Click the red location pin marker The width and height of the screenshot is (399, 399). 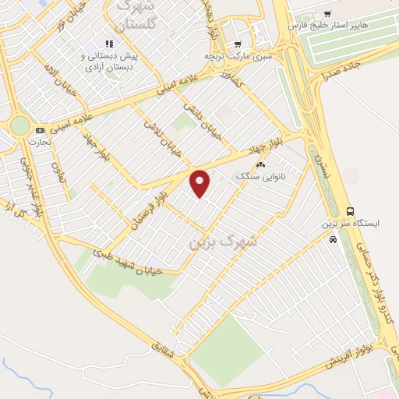point(201,182)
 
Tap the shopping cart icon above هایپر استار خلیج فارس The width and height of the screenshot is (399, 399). point(327,13)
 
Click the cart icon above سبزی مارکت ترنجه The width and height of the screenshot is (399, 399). point(238,44)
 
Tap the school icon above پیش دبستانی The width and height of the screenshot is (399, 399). point(108,44)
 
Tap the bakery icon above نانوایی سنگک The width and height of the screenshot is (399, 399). point(261,164)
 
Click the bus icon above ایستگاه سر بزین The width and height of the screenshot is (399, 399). point(351,210)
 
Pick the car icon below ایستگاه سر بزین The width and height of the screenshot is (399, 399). point(334,240)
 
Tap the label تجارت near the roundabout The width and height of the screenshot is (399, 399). point(40,143)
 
